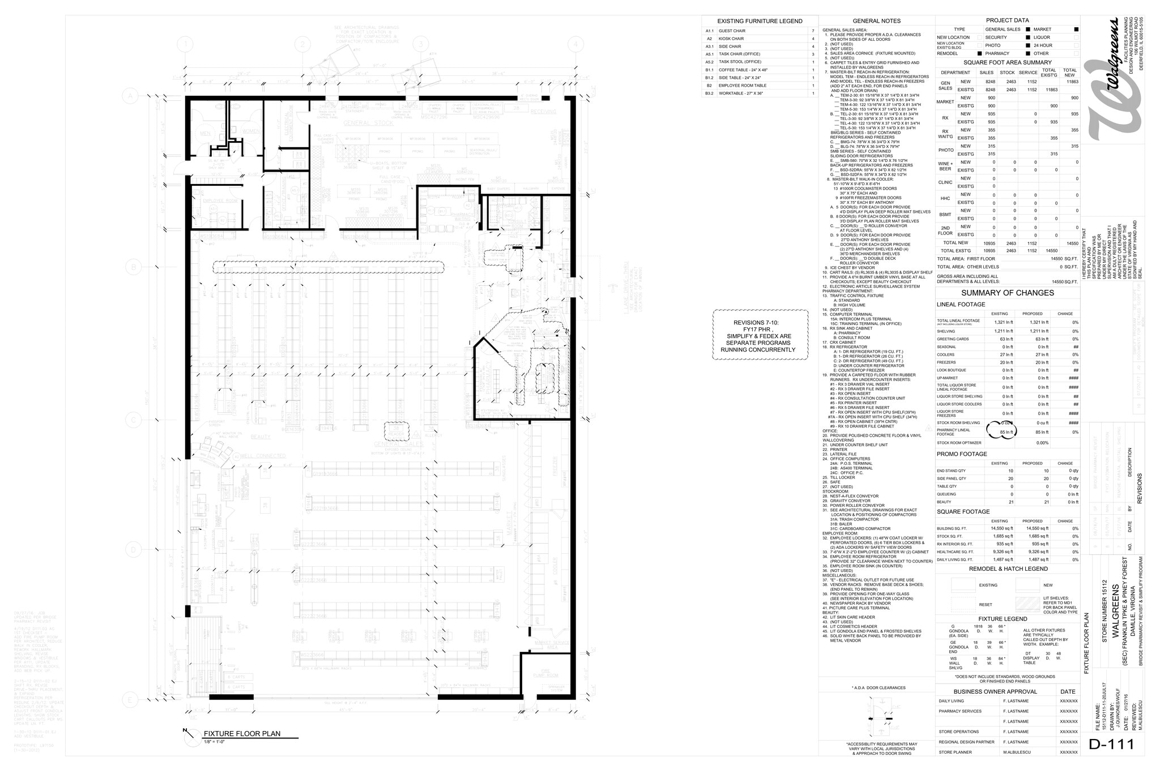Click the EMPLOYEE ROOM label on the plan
tap(215, 201)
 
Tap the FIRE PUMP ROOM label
tap(546, 673)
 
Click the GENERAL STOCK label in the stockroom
tap(368, 123)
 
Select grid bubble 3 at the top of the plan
tap(420, 44)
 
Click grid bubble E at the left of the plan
tap(130, 701)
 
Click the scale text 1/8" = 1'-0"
tap(214, 741)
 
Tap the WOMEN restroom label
tap(250, 131)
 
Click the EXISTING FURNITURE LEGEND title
tap(760, 21)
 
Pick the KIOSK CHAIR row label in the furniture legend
tap(731, 39)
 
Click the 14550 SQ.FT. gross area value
tap(1064, 281)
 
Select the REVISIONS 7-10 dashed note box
tap(760, 336)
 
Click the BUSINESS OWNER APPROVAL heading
tap(995, 691)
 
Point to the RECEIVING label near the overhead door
tap(543, 112)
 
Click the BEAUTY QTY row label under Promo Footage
tap(944, 502)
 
